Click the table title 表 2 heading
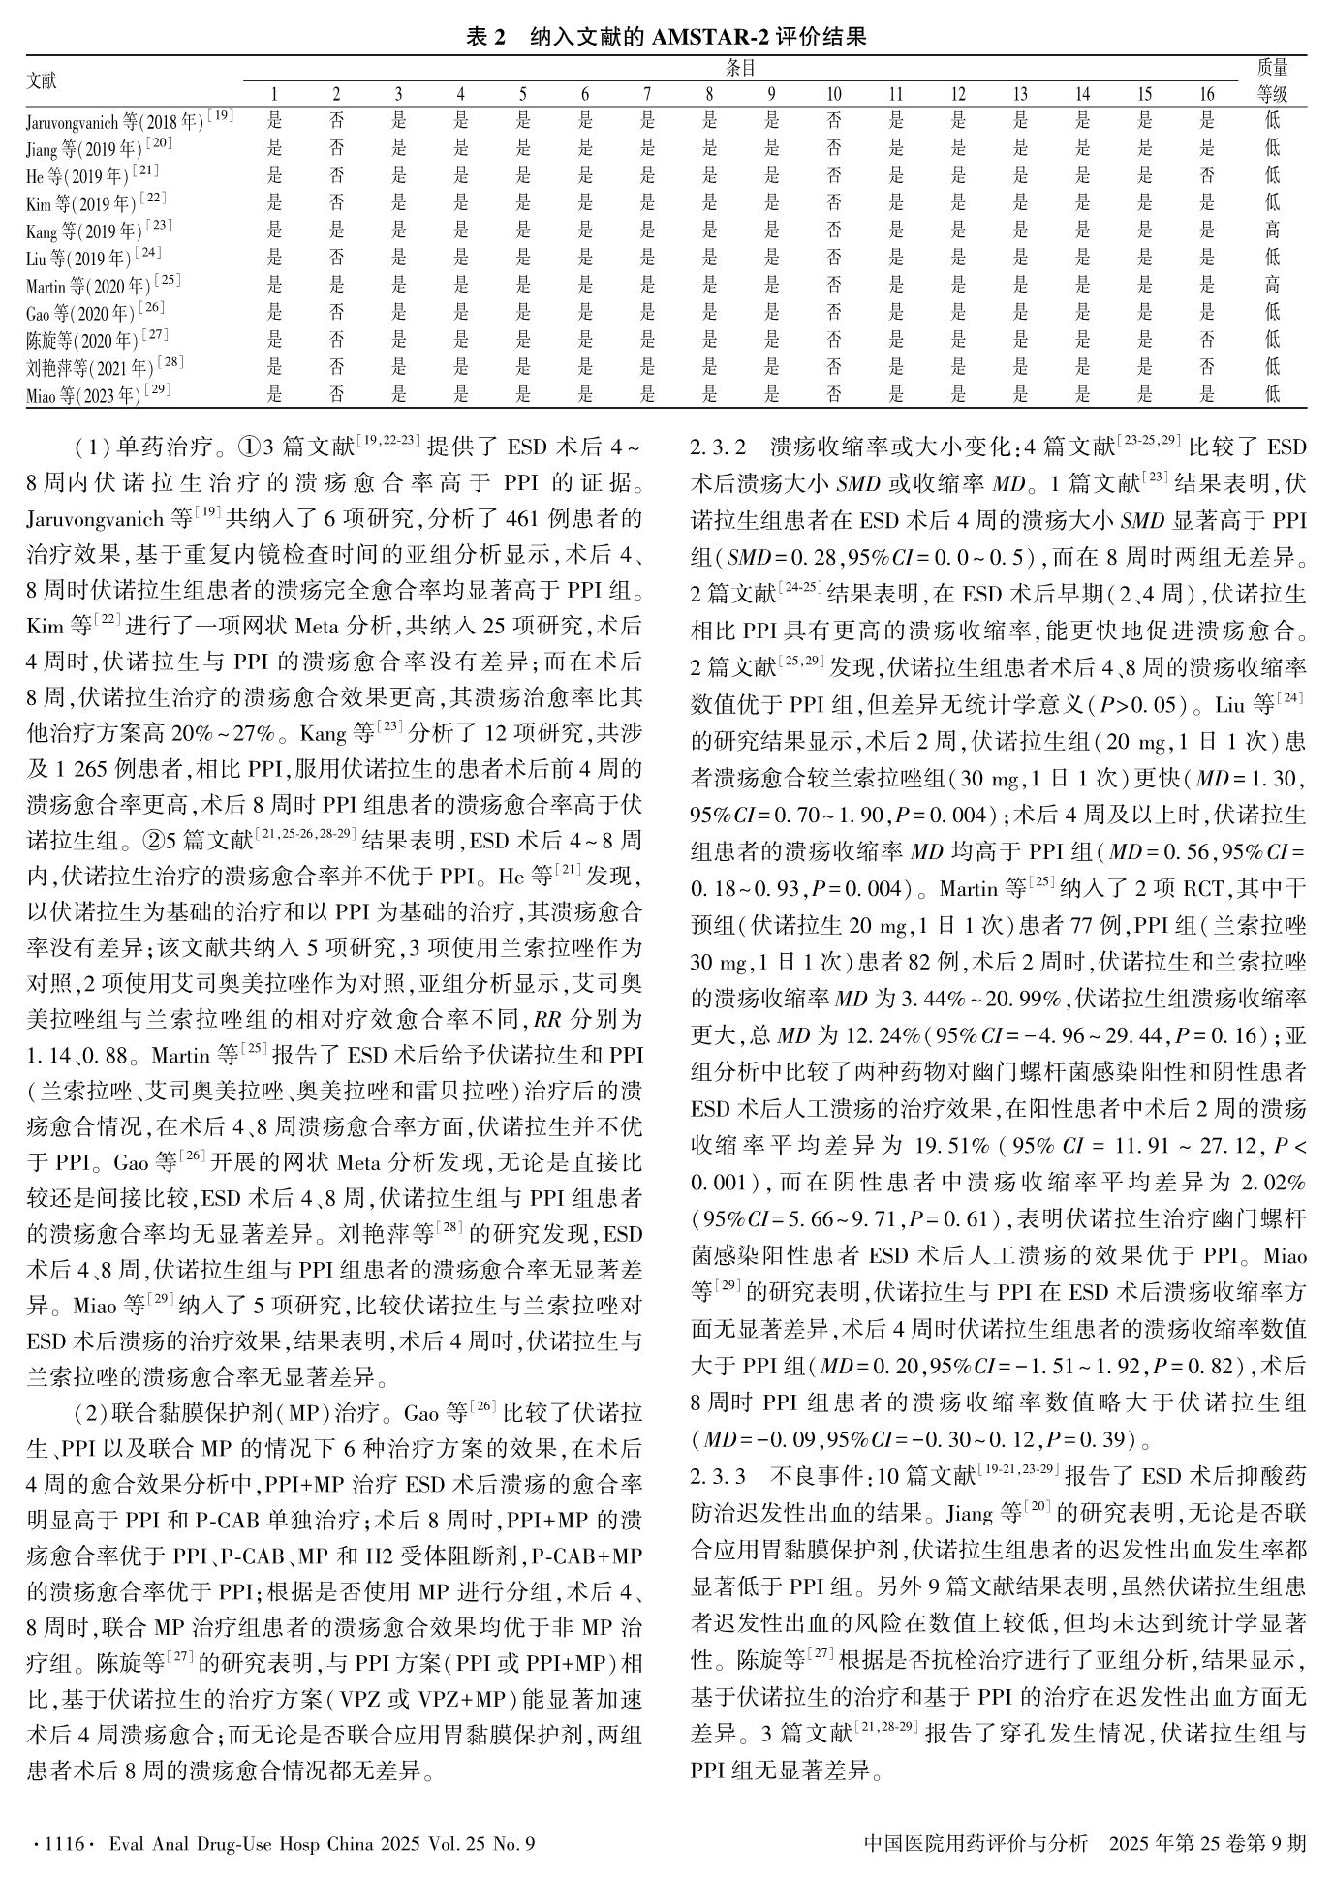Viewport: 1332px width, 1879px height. pyautogui.click(x=666, y=37)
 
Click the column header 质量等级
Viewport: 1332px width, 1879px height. pyautogui.click(x=1272, y=80)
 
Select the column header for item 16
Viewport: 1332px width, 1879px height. pyautogui.click(x=1206, y=94)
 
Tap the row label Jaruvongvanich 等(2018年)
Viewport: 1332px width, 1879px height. pyautogui.click(x=129, y=121)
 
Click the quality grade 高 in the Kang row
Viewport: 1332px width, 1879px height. pyautogui.click(x=1272, y=230)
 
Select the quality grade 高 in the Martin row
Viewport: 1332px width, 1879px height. pyautogui.click(x=1272, y=285)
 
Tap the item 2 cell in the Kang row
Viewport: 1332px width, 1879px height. pyautogui.click(x=336, y=230)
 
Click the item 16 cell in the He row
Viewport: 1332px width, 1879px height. pyautogui.click(x=1206, y=175)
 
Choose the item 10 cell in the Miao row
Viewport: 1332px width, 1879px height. pyautogui.click(x=833, y=393)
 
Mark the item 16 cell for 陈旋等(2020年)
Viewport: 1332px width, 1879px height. pyautogui.click(x=1206, y=339)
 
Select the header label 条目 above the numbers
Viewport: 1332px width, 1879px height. pyautogui.click(x=741, y=68)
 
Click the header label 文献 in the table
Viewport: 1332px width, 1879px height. pyautogui.click(x=42, y=80)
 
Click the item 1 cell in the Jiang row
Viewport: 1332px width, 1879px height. pyautogui.click(x=274, y=148)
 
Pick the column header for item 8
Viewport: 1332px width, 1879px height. pyautogui.click(x=709, y=94)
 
